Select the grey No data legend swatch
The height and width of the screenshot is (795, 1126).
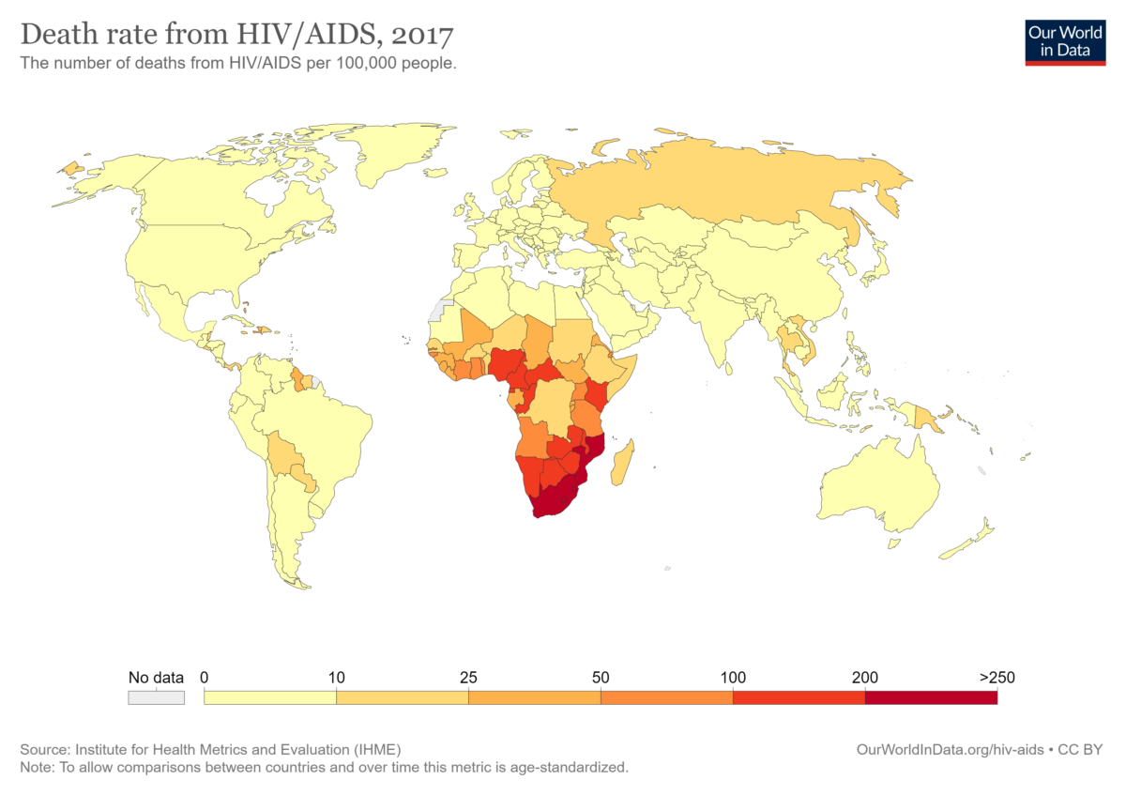click(156, 697)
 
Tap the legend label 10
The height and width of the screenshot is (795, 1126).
click(336, 678)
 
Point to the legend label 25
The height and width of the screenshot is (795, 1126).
click(468, 678)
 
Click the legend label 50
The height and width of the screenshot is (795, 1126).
click(601, 678)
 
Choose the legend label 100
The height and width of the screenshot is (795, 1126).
click(733, 678)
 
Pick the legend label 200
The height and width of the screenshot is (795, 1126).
click(864, 678)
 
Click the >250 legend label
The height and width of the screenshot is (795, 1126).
click(996, 678)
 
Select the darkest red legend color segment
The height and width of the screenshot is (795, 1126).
click(930, 697)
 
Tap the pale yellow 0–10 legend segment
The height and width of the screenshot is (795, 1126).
click(269, 697)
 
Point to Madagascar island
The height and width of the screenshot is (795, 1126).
click(622, 462)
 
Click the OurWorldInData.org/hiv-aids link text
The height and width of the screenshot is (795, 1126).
click(952, 750)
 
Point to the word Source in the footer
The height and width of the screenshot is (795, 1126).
click(42, 750)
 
